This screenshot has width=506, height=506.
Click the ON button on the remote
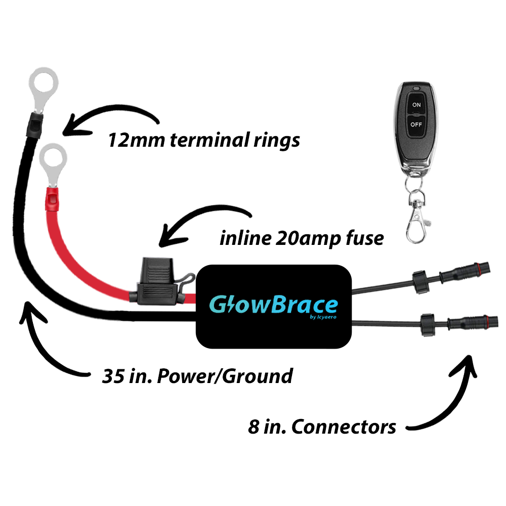(x=416, y=105)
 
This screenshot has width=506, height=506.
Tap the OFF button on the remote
(x=416, y=123)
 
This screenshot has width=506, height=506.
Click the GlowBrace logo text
(x=273, y=305)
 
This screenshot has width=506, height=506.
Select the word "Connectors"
(x=344, y=427)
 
